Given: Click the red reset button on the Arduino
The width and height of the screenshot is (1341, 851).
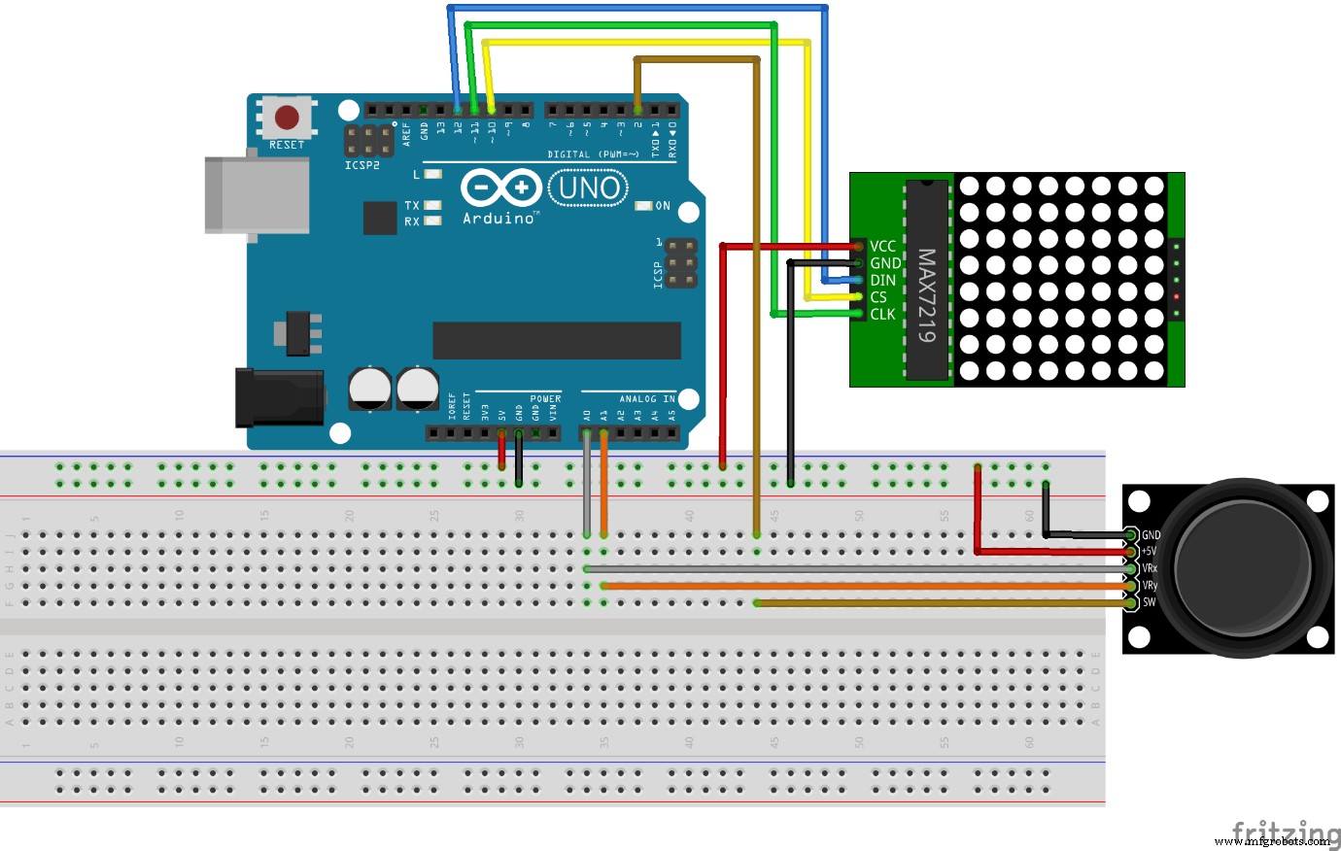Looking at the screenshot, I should coord(287,118).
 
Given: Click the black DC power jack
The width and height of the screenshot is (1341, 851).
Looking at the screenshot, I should coord(279,396).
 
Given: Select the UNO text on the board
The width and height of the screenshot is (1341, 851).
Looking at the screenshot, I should coord(589,187).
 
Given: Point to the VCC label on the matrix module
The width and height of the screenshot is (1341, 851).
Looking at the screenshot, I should coord(882,247).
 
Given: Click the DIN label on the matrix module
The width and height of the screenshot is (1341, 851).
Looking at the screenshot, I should coord(882,281).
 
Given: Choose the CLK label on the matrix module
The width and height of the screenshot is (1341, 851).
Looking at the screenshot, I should coord(882,314).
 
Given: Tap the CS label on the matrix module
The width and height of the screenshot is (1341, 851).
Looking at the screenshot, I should coord(878,297).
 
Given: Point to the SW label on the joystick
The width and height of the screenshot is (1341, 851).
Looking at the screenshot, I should coord(1150,602).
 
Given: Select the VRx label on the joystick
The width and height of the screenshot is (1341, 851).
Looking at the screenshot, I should coord(1150,568).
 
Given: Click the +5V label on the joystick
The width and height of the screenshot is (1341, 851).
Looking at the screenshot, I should coord(1150,551).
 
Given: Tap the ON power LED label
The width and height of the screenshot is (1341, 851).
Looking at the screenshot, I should coord(663,206).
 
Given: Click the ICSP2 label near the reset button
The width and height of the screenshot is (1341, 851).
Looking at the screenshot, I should coord(361,166).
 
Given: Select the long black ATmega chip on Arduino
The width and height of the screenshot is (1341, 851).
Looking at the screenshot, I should coord(556,341).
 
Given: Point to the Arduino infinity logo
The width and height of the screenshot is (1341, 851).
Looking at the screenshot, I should coord(500,187).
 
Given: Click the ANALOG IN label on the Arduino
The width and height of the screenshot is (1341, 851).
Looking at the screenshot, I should coord(647,399).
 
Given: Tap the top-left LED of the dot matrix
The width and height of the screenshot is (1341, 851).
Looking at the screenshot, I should coord(969,186).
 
